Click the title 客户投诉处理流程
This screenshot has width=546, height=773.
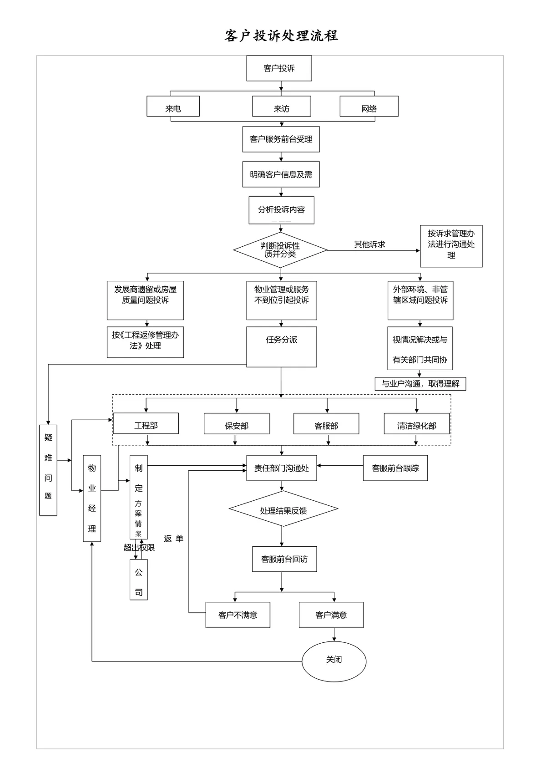[x=281, y=36]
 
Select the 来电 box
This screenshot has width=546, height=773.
[x=173, y=106]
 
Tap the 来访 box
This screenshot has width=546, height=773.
[x=282, y=106]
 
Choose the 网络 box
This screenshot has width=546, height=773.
[x=369, y=106]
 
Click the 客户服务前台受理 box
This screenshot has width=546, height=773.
[x=281, y=139]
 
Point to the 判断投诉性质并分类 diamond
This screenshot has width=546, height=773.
[x=280, y=250]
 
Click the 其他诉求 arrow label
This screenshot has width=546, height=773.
[x=369, y=244]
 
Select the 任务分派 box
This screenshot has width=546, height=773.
[x=282, y=347]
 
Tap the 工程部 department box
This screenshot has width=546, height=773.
[x=146, y=423]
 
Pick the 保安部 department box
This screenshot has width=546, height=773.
[x=237, y=424]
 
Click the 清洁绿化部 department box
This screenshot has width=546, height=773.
[x=417, y=424]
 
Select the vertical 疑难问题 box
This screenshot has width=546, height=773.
[x=48, y=470]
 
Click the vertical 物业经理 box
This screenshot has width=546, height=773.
[x=92, y=498]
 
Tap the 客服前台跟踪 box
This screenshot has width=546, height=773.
[x=395, y=468]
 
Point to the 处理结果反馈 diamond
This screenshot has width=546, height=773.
[x=283, y=509]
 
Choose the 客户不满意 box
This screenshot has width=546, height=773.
[x=238, y=615]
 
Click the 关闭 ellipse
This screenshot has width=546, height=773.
[x=334, y=661]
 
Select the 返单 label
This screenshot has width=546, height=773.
[x=173, y=539]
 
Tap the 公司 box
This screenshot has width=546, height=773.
[x=139, y=580]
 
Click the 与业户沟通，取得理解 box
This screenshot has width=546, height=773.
[x=420, y=384]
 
